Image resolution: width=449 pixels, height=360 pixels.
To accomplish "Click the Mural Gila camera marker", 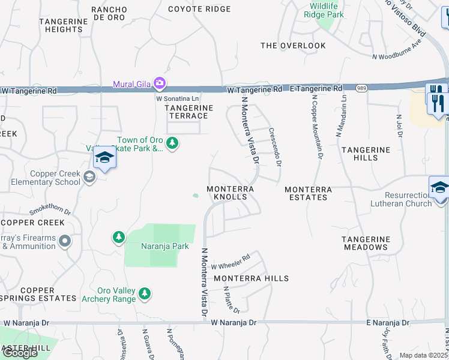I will click(160, 83).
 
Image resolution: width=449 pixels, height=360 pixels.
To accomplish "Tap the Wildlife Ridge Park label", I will click(324, 10).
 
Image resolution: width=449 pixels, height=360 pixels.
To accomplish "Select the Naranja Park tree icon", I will click(119, 238).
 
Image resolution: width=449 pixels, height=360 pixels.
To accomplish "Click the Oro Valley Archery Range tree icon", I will click(144, 293).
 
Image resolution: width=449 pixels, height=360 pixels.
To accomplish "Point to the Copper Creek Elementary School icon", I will click(89, 176).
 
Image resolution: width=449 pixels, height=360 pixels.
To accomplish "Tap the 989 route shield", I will click(361, 88).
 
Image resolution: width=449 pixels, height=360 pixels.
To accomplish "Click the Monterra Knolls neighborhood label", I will click(231, 193).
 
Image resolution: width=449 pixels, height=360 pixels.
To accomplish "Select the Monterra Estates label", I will click(309, 193).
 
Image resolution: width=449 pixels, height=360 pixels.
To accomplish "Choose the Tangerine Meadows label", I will click(365, 243).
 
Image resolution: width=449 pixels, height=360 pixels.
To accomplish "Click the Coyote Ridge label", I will click(191, 9).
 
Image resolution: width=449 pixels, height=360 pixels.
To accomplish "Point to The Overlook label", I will click(293, 46).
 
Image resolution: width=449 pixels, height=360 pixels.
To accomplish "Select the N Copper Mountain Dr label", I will click(318, 125).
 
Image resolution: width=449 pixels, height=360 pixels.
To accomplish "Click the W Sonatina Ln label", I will click(177, 97).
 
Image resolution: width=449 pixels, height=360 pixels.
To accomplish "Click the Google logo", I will click(20, 353).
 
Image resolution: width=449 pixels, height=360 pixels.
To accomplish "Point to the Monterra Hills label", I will click(252, 278).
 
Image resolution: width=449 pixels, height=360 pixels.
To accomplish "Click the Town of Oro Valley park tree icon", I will click(173, 143).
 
